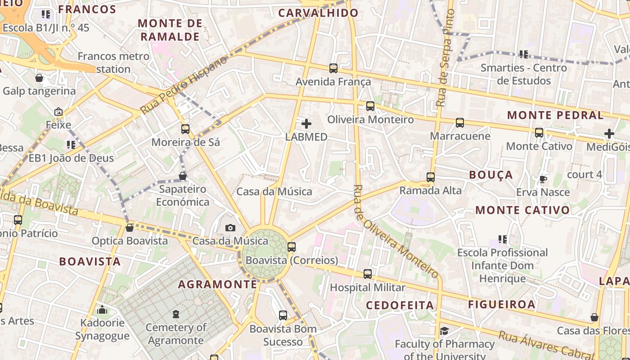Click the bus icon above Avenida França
point(333,68)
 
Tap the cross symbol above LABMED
point(306,124)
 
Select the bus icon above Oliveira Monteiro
point(370,106)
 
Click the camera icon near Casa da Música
point(230,228)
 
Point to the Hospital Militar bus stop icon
point(368,274)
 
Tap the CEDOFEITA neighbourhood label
point(400,306)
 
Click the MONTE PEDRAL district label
point(555,115)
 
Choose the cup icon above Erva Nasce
point(543,179)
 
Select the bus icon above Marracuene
point(460,123)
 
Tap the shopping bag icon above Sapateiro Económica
point(183,176)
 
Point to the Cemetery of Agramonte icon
point(175,314)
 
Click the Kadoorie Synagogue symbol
point(102,310)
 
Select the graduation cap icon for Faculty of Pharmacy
point(444,331)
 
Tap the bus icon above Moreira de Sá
point(185,129)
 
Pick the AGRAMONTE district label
point(217,284)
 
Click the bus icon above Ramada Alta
point(431,177)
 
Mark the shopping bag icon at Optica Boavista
point(130,228)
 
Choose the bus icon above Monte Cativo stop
point(539,133)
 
